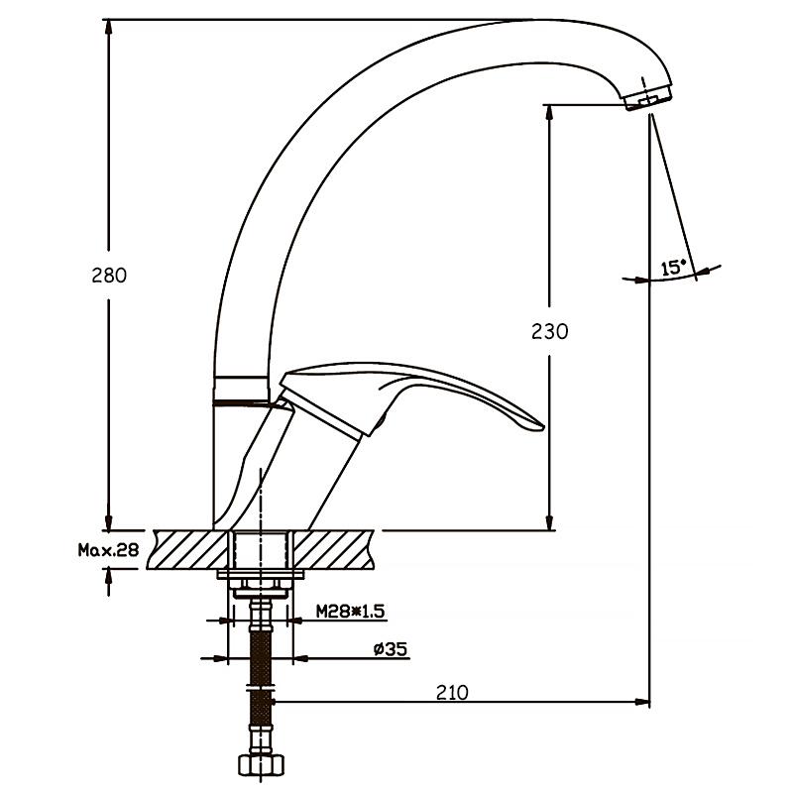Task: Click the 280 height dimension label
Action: (109, 276)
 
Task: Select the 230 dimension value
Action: (550, 332)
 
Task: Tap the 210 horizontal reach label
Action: (452, 692)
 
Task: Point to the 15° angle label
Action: (673, 268)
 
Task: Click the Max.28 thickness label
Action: (108, 550)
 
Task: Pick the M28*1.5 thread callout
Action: (351, 612)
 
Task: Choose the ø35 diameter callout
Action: (391, 649)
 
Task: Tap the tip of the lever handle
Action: (541, 427)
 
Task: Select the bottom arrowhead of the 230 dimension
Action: (550, 522)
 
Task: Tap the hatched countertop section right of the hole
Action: (334, 550)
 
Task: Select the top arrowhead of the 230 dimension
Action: (550, 113)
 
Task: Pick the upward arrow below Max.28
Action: (108, 583)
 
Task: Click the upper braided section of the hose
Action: (261, 657)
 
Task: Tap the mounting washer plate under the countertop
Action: (261, 574)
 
